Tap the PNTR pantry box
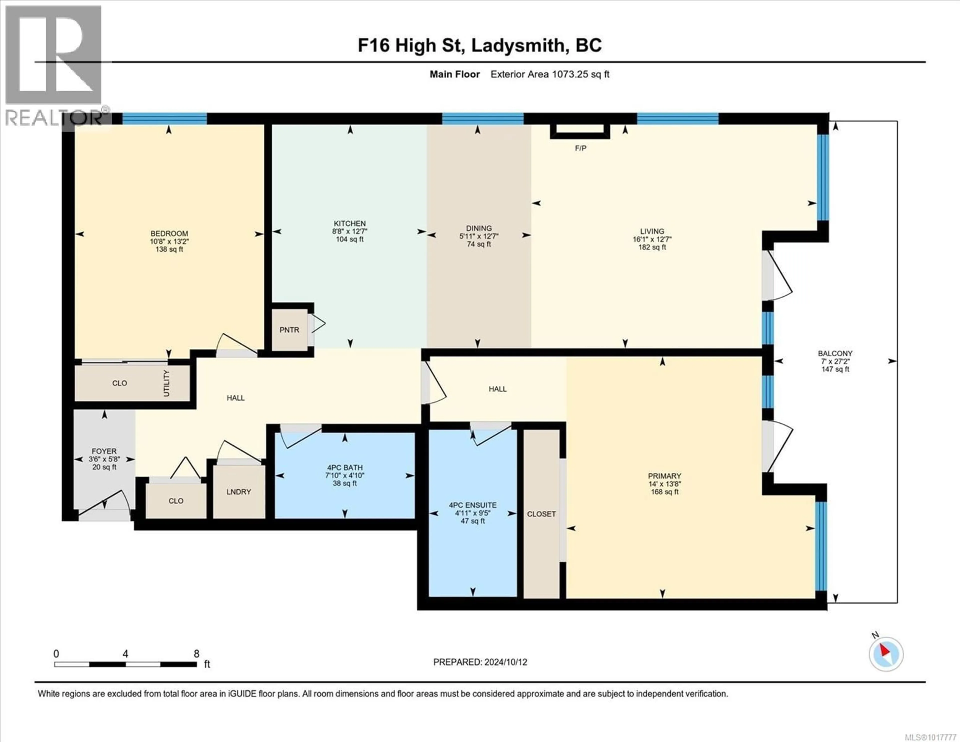tap(289, 330)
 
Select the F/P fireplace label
tap(580, 149)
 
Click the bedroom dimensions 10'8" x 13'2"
tap(169, 242)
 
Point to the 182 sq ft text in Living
tap(652, 247)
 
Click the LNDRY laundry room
tap(239, 492)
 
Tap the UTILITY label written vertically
tap(166, 383)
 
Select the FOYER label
tap(104, 451)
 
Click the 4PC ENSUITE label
tap(472, 505)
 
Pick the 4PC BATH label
tap(344, 468)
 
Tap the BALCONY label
tap(835, 353)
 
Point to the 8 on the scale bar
tap(196, 653)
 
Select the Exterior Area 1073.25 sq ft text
tap(549, 74)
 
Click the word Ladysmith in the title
tap(518, 45)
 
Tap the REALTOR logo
tap(54, 66)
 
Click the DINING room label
tap(479, 228)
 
